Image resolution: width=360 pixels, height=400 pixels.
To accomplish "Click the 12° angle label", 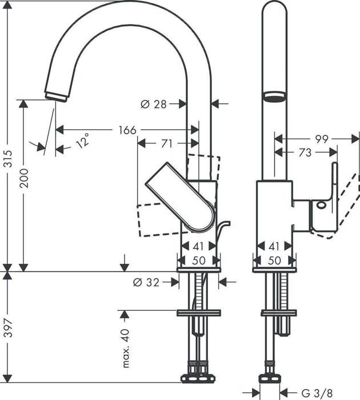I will (83, 140).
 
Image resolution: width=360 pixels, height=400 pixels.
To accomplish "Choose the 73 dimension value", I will (306, 153).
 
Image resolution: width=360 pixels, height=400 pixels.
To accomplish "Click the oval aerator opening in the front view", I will (274, 95).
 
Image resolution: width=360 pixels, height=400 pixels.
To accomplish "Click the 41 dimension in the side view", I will (198, 247).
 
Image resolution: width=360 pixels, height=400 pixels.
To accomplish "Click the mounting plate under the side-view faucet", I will (198, 313).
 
